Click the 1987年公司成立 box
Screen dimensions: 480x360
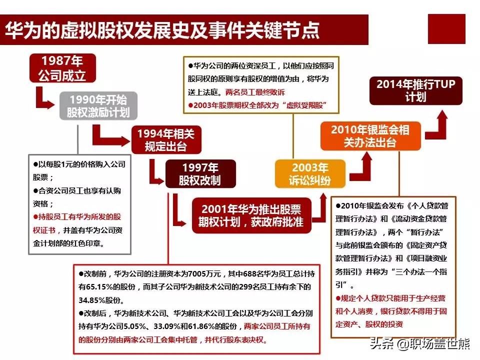pyautogui.click(x=62, y=68)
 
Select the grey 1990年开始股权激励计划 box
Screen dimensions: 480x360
pyautogui.click(x=98, y=105)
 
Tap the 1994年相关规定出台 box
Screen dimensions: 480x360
pyautogui.click(x=166, y=139)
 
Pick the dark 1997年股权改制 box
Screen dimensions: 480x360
pyautogui.click(x=200, y=173)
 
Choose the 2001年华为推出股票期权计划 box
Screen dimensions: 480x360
pyautogui.click(x=251, y=215)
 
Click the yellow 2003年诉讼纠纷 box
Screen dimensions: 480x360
pyautogui.click(x=310, y=173)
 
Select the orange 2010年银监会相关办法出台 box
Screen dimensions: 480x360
pyautogui.click(x=370, y=136)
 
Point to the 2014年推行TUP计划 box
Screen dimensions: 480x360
pyautogui.click(x=415, y=90)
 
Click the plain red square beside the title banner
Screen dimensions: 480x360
pyautogui.click(x=446, y=29)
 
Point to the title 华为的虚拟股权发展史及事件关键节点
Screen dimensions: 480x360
pyautogui.click(x=162, y=30)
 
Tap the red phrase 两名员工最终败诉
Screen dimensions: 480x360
pyautogui.click(x=255, y=92)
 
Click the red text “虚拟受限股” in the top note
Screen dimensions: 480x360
pyautogui.click(x=304, y=105)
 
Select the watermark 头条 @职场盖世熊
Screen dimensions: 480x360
pyautogui.click(x=419, y=343)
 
